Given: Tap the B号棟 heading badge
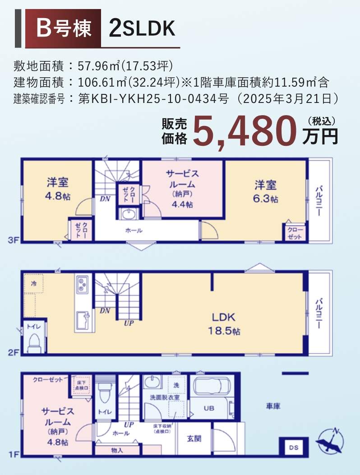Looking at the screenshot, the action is (63, 28).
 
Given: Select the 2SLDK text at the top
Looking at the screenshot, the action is (142, 28).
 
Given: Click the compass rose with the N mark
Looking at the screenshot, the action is (330, 442).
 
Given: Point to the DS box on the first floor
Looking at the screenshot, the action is (293, 447).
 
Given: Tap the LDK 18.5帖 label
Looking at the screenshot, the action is (224, 324).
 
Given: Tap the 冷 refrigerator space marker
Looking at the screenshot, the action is (33, 284).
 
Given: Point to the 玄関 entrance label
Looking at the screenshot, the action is (194, 438).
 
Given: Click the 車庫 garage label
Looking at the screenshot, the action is (273, 406).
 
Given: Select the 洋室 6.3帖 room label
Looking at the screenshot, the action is (265, 191).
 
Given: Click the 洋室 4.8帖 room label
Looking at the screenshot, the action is (57, 189).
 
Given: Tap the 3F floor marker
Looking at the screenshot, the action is (13, 241).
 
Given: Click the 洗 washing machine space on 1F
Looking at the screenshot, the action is (176, 385).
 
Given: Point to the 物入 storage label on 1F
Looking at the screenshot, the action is (117, 450).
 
